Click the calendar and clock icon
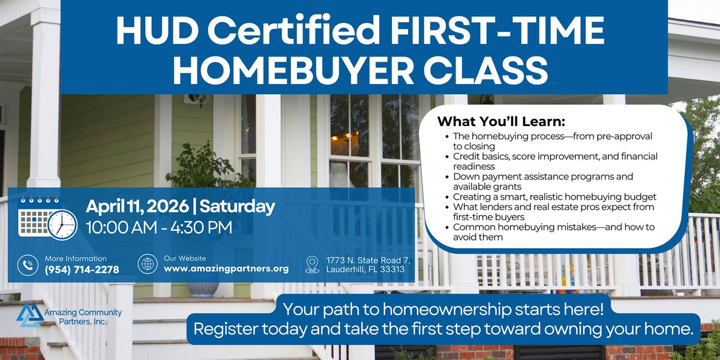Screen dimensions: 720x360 click(47, 218)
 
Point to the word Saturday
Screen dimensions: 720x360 click(237, 206)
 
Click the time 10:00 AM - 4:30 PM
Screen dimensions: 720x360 click(159, 227)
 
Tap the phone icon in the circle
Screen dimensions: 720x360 click(28, 265)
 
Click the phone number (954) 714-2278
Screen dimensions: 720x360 click(82, 269)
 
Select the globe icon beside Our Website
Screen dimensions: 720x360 click(148, 264)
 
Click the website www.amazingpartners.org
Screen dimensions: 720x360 click(226, 268)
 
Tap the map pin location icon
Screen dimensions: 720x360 click(312, 265)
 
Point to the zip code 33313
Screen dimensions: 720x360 click(392, 269)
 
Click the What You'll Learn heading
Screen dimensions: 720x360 click(501, 121)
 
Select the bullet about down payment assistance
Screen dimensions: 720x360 click(543, 181)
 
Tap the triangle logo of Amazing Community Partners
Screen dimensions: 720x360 click(30, 314)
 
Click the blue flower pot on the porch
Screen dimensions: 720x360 click(203, 288)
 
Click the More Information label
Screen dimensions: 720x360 click(76, 259)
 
